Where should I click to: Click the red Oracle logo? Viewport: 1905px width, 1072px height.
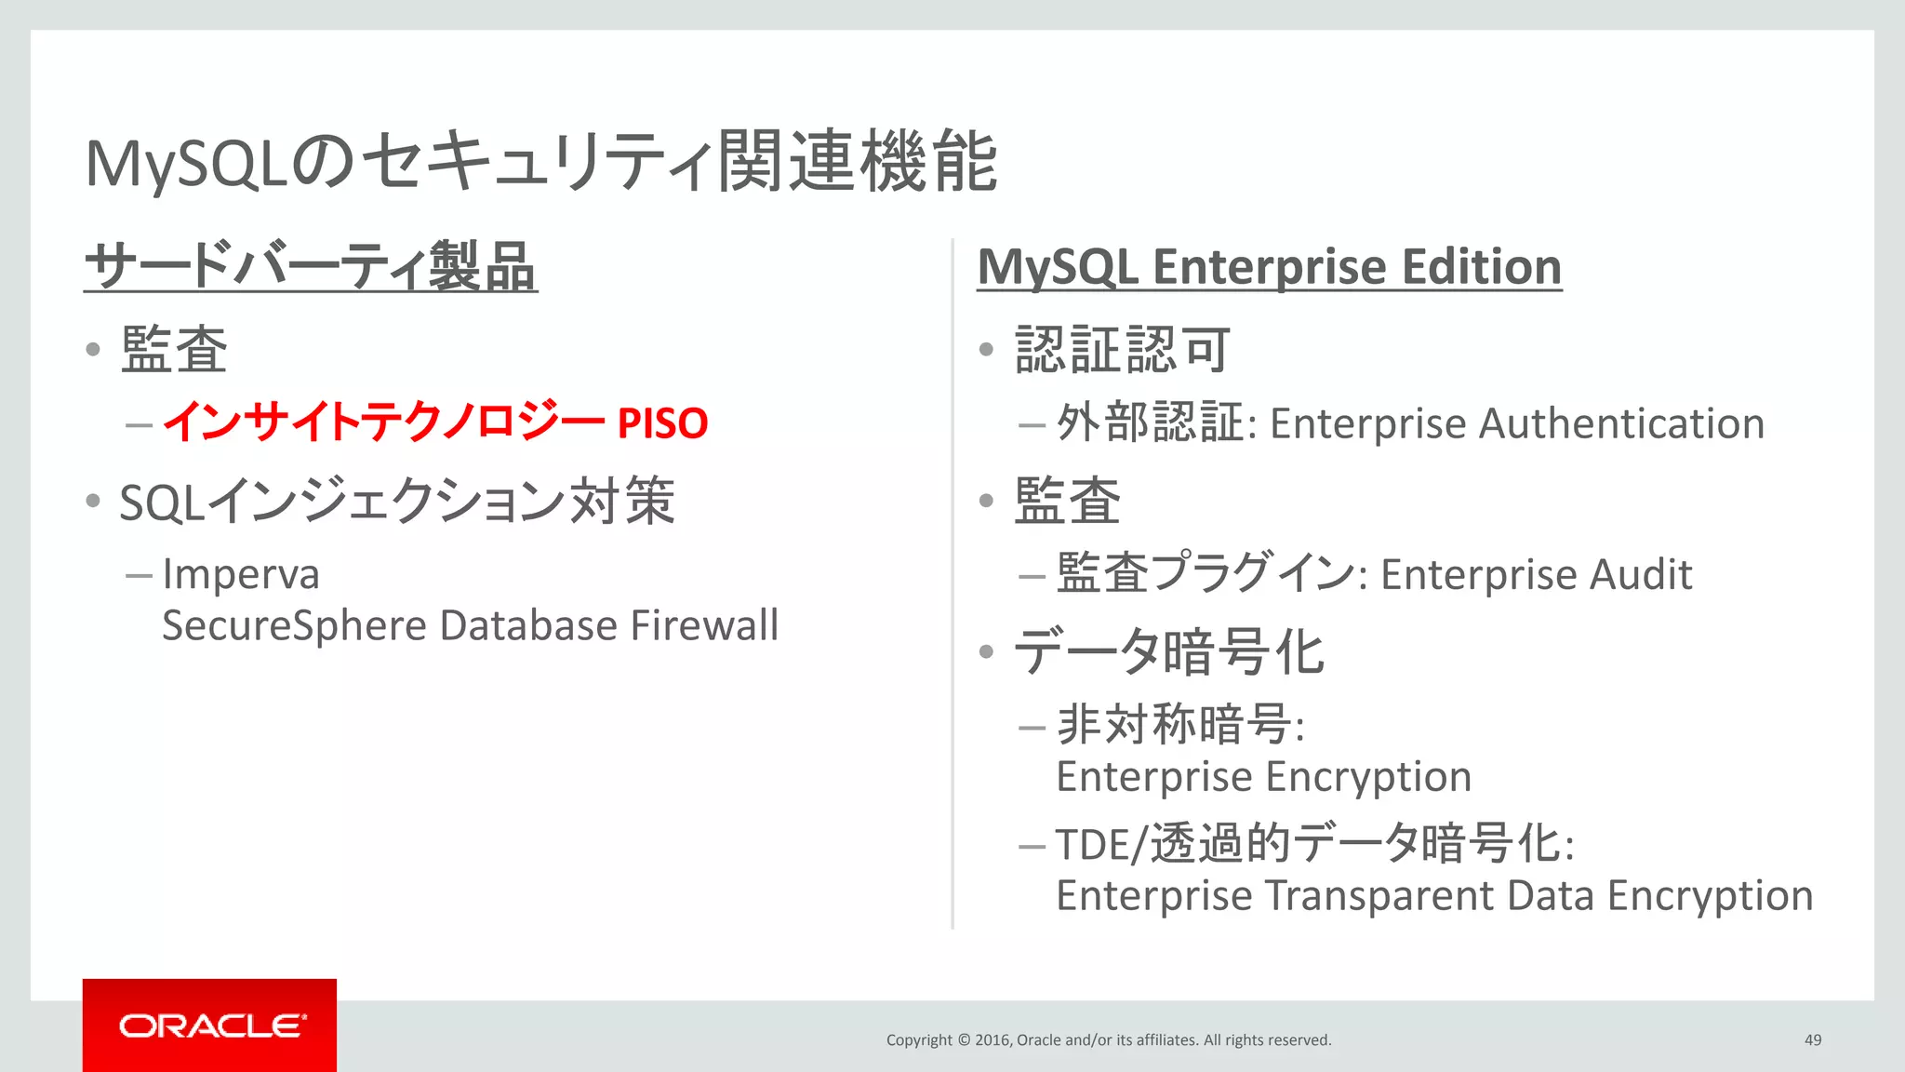point(209,1025)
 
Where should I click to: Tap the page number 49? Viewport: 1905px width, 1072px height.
point(1812,1039)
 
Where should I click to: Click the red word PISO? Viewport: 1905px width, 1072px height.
point(662,423)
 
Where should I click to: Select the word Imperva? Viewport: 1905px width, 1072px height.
point(241,574)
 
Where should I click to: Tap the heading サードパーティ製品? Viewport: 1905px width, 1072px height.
point(311,267)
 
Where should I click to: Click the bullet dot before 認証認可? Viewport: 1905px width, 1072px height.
point(987,350)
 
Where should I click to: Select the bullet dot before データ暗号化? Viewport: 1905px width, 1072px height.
point(987,651)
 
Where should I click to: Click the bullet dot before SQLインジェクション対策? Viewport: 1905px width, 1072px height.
point(92,502)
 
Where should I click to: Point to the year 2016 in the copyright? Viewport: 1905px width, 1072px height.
point(992,1039)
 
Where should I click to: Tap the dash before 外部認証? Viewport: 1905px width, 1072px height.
point(1032,426)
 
